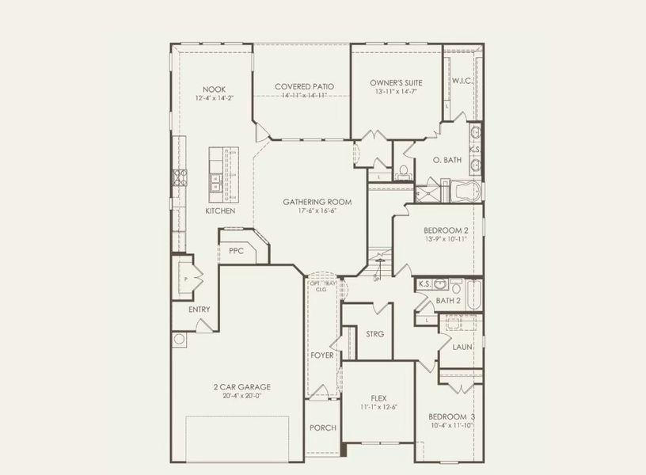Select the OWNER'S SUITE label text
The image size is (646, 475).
[396, 82]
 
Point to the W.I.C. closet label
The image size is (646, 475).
[462, 82]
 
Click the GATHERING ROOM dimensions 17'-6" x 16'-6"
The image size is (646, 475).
[317, 211]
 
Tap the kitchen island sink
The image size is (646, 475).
[215, 183]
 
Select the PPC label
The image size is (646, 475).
[236, 250]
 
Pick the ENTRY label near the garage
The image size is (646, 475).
[199, 309]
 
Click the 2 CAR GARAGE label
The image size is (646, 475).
[241, 386]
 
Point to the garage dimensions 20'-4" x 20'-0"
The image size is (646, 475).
[241, 396]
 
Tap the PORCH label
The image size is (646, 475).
[323, 427]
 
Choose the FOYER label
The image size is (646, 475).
[322, 355]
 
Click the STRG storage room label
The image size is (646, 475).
[374, 334]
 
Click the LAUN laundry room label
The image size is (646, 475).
[462, 347]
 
